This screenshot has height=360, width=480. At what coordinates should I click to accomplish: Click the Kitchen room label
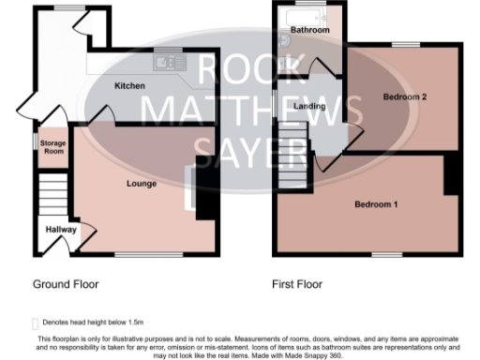coord(129,85)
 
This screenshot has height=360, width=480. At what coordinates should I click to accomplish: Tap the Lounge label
coord(141,184)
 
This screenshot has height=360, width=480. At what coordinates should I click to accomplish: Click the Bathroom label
coord(308,31)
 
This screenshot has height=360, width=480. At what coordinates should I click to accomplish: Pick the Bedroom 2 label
coord(405,96)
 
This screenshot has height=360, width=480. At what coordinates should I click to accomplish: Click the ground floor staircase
coord(52,192)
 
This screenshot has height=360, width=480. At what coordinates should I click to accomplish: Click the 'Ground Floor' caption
coord(66,283)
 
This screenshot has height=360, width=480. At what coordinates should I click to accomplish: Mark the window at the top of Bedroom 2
coord(405,45)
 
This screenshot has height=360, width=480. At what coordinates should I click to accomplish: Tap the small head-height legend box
coord(36,320)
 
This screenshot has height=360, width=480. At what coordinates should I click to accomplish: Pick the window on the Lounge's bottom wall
coord(143,253)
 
